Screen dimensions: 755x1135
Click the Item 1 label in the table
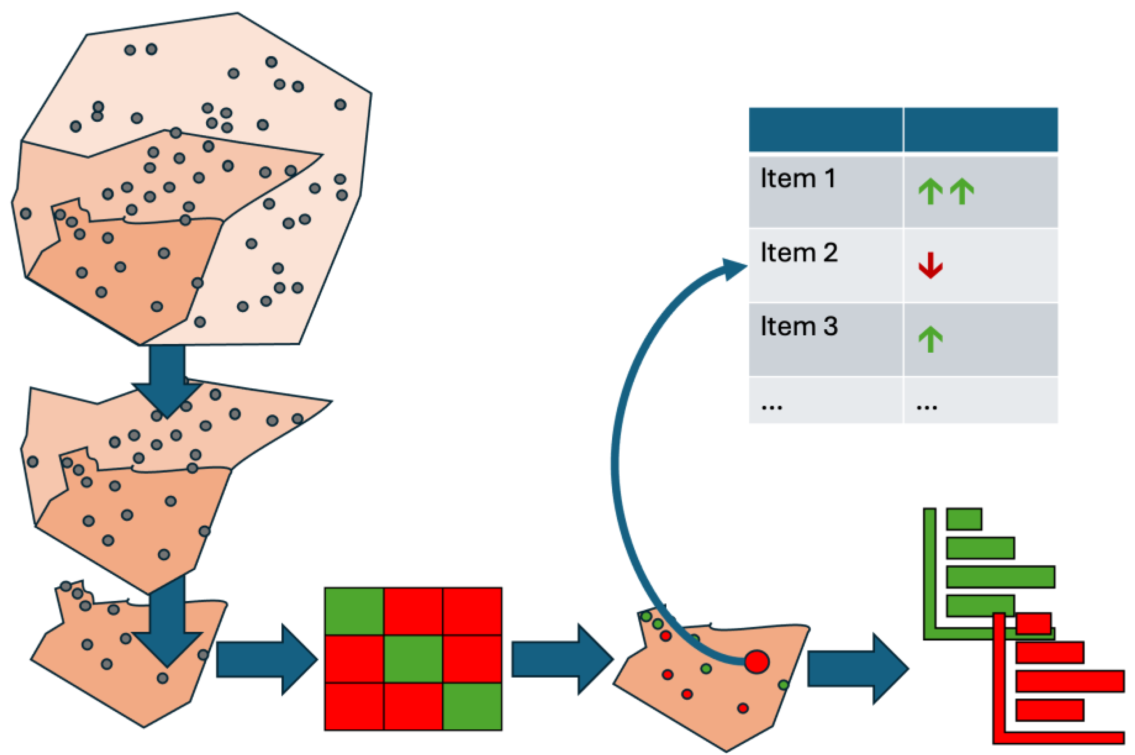tap(797, 179)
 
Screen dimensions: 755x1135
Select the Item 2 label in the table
tap(798, 253)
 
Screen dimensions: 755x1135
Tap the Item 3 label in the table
tap(798, 326)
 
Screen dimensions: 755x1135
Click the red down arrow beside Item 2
tap(930, 266)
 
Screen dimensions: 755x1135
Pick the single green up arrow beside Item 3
tap(930, 339)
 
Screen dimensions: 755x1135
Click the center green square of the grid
tap(413, 659)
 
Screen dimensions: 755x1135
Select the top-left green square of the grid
tap(354, 611)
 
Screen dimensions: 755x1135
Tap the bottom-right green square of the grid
tap(472, 707)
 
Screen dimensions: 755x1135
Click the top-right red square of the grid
tap(472, 611)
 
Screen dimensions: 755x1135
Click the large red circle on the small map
tap(757, 662)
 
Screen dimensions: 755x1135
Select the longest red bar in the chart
tap(1070, 681)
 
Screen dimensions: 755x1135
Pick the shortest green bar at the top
tap(964, 519)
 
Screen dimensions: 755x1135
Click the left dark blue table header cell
tap(825, 129)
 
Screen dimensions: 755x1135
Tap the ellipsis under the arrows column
tap(927, 407)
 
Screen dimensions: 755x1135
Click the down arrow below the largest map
tap(167, 381)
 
